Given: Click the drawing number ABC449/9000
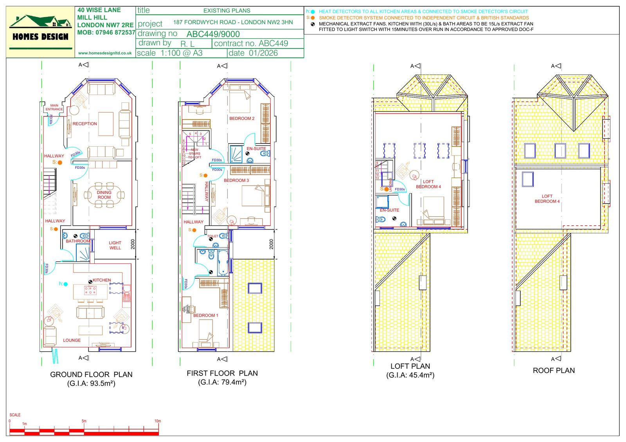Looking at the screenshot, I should [x=213, y=34].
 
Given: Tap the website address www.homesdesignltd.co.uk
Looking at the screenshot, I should [x=105, y=53].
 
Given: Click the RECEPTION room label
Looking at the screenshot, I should [x=85, y=124].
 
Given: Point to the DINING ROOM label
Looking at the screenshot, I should [x=104, y=195].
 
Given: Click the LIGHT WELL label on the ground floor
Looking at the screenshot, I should [x=115, y=245].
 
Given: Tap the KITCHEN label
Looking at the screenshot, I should [x=102, y=280].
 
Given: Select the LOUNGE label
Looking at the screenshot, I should [x=72, y=340].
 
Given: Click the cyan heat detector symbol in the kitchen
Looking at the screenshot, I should [x=65, y=284].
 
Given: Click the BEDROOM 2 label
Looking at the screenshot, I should [x=242, y=118].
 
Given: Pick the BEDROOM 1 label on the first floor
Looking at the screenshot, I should [x=206, y=315].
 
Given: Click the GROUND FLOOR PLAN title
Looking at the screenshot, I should [x=91, y=374].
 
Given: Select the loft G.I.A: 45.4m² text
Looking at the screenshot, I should [x=410, y=375].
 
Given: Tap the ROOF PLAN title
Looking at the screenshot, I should [x=554, y=370].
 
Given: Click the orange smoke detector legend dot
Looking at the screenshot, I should [x=313, y=18].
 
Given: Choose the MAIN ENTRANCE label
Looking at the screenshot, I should [x=54, y=107].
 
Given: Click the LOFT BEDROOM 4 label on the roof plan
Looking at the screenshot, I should [x=547, y=199].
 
